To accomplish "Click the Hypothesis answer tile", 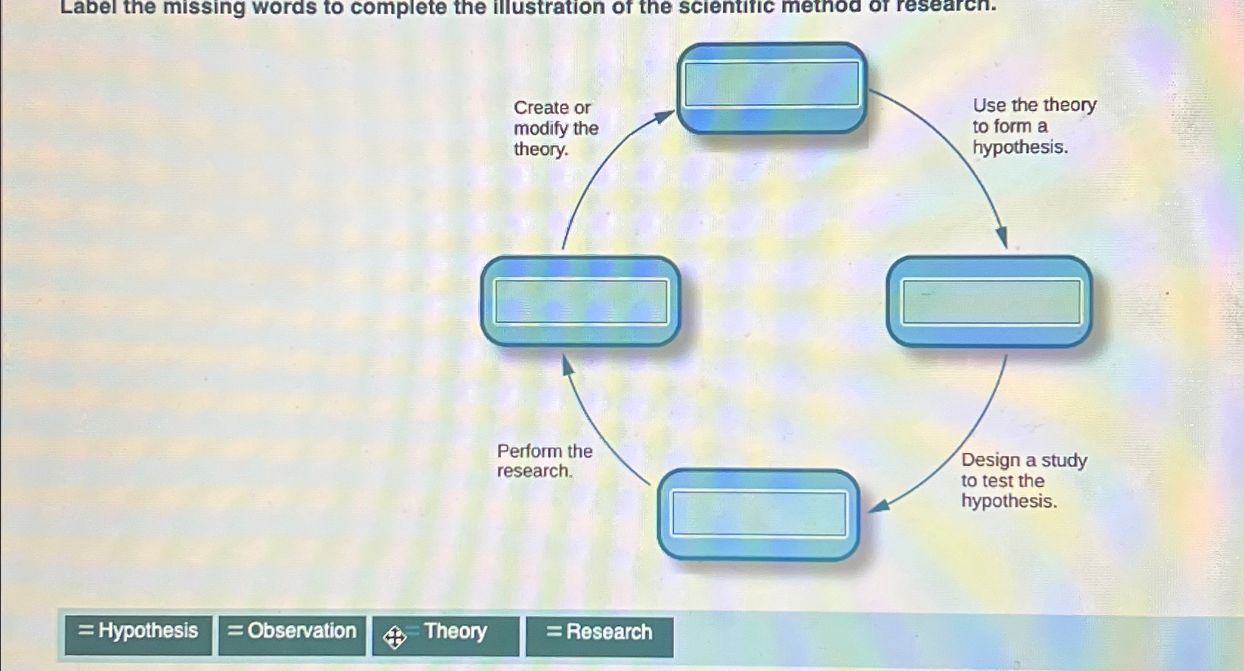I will click(x=138, y=632).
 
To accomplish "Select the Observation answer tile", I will click(x=292, y=632).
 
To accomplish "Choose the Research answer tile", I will click(x=599, y=633).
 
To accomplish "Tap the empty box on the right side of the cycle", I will click(x=990, y=301).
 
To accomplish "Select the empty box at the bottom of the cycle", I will click(x=758, y=514).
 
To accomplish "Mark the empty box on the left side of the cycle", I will click(x=581, y=301).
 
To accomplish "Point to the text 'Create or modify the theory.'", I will click(x=555, y=129).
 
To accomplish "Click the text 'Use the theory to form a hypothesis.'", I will click(x=1033, y=126).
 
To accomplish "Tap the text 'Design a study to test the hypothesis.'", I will click(x=1023, y=480).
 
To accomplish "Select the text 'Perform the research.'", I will click(x=544, y=461).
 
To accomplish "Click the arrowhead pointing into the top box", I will click(x=665, y=116).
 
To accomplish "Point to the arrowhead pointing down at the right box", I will click(x=1002, y=239).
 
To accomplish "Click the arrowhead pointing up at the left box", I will click(x=567, y=364).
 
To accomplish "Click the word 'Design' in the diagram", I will click(x=990, y=460).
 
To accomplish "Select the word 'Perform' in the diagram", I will click(x=529, y=451).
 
